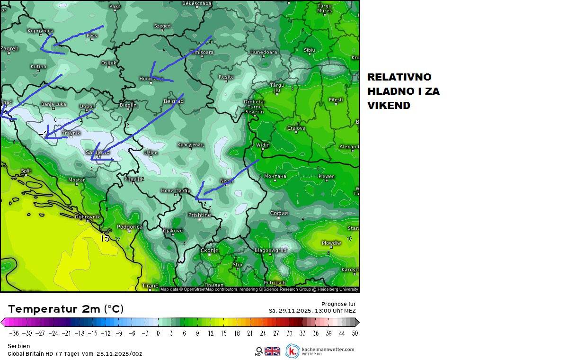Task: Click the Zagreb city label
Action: (x=9, y=49)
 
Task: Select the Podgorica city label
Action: (x=129, y=227)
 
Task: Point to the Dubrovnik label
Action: (x=88, y=217)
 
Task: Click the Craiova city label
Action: (x=296, y=128)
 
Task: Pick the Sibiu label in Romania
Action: (x=309, y=50)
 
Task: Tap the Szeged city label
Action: (x=162, y=26)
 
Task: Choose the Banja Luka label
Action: (x=53, y=104)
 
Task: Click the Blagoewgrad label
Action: (x=270, y=250)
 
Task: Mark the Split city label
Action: (x=26, y=171)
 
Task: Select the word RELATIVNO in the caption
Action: (x=399, y=77)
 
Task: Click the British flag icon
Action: (x=272, y=351)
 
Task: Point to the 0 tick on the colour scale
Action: (x=158, y=333)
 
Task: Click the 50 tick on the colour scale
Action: (x=355, y=333)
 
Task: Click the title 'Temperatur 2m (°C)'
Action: (x=66, y=309)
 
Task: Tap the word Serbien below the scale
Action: (x=18, y=346)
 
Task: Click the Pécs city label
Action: (x=91, y=36)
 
